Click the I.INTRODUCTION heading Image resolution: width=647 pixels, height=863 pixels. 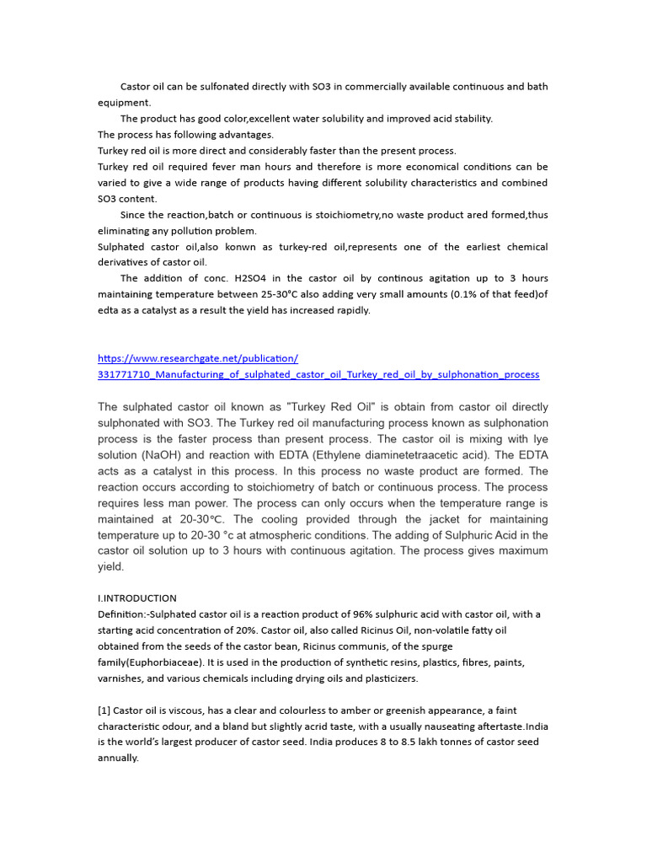tap(137, 598)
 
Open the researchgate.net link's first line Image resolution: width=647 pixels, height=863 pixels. tap(198, 358)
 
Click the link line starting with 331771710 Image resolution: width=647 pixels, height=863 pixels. tap(318, 374)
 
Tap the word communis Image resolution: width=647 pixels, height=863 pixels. tap(371, 646)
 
